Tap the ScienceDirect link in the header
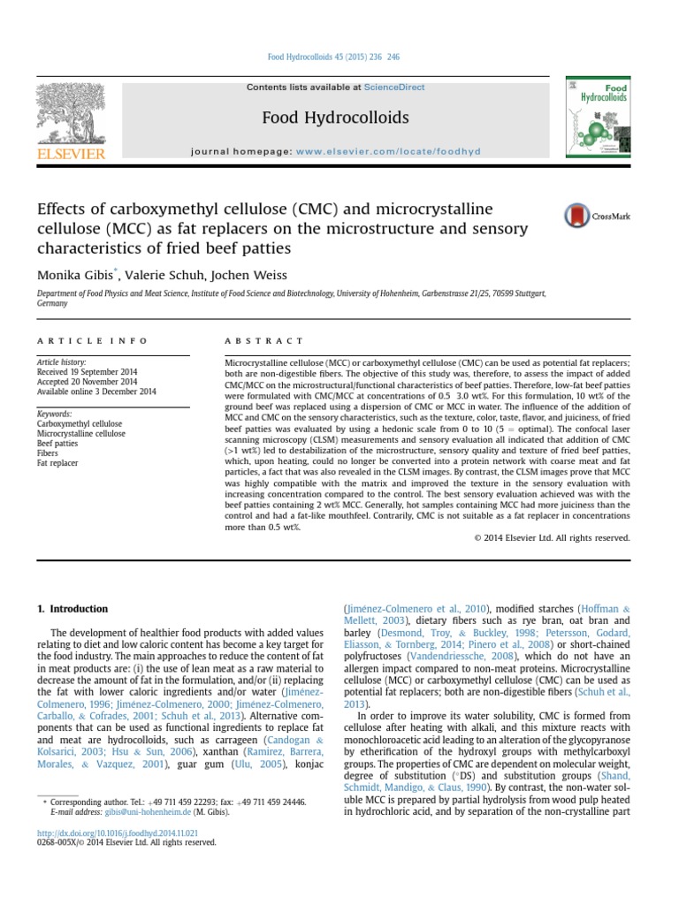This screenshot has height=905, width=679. pyautogui.click(x=398, y=87)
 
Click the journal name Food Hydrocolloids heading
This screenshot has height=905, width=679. pyautogui.click(x=335, y=118)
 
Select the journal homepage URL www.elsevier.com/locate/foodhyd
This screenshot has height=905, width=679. pyautogui.click(x=388, y=151)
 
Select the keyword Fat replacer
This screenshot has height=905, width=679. pyautogui.click(x=57, y=462)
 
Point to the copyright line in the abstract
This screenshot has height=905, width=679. pyautogui.click(x=552, y=537)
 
